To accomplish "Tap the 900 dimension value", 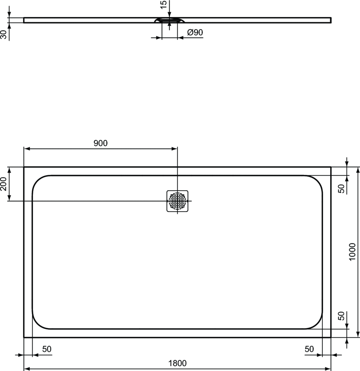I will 100,143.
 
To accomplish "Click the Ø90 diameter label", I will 195,32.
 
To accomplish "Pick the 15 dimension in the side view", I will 163,5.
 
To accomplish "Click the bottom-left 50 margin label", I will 47,349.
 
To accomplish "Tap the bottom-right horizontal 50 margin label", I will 309,349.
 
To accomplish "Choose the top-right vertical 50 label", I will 341,189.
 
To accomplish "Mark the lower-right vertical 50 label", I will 341,316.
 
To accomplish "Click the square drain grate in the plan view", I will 177,201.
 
